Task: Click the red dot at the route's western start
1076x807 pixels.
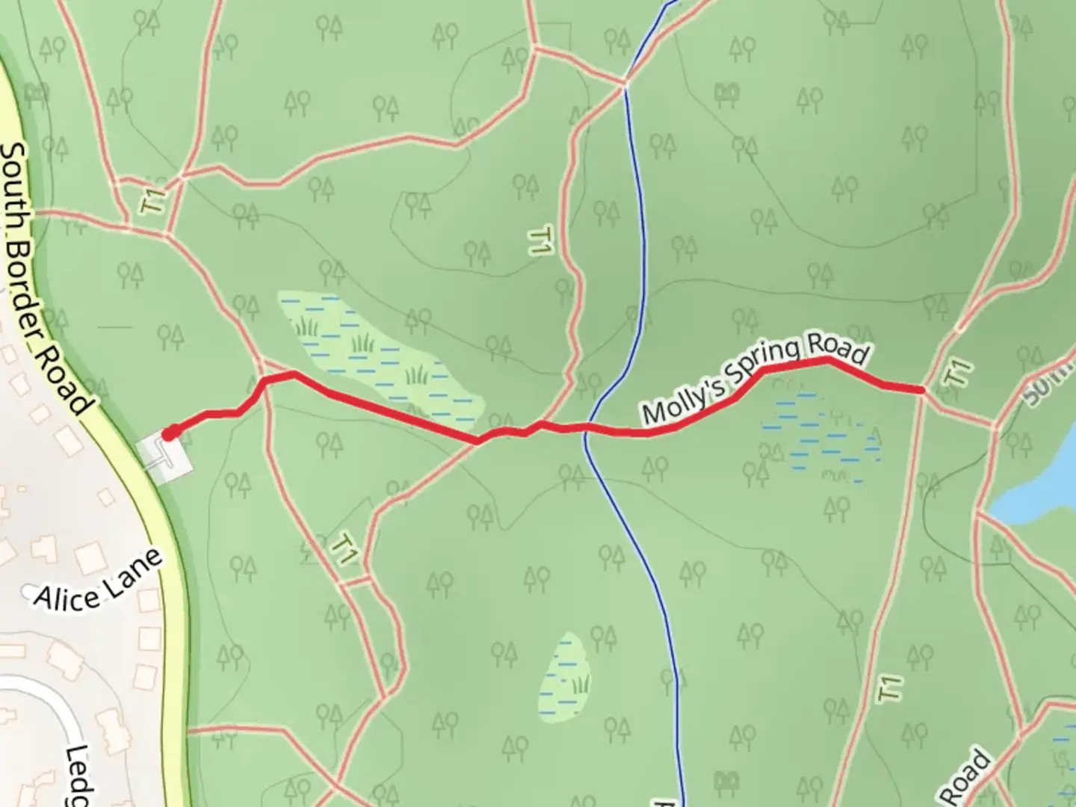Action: click(170, 433)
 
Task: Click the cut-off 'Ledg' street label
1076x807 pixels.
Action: click(78, 777)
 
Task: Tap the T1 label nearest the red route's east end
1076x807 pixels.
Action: click(959, 373)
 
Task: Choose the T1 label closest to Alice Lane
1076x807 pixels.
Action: click(344, 550)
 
